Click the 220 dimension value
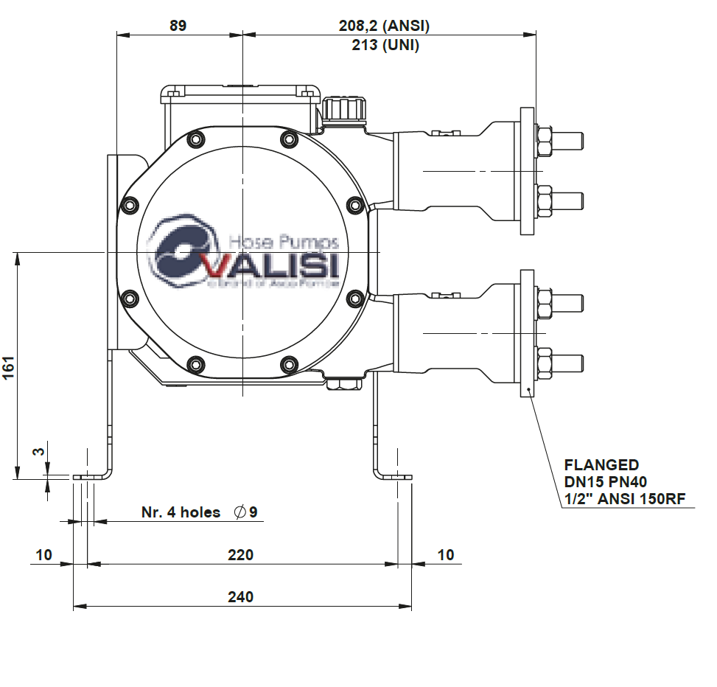pos(240,555)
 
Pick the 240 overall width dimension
pos(240,597)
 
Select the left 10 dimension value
pos(44,555)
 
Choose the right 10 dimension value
pos(446,555)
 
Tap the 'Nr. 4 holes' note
pos(181,512)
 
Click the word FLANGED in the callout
pos(601,465)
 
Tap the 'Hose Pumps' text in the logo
pos(284,242)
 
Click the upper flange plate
pos(527,171)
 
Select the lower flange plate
pos(527,333)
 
